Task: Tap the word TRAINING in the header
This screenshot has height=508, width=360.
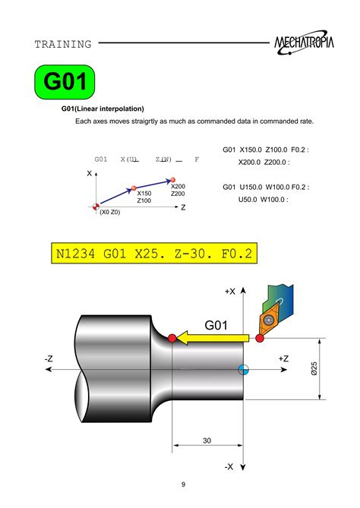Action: click(63, 45)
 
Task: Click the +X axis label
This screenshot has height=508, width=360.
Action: click(230, 291)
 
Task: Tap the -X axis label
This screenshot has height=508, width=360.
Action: click(229, 466)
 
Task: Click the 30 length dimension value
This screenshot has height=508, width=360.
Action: click(207, 440)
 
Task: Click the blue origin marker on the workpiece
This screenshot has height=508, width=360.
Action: click(243, 369)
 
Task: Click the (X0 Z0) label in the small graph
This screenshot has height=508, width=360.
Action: click(109, 212)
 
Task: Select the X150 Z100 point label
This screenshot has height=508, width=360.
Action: click(144, 197)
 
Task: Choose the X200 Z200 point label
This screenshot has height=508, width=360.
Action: click(178, 190)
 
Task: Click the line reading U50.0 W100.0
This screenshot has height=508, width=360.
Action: click(264, 200)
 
